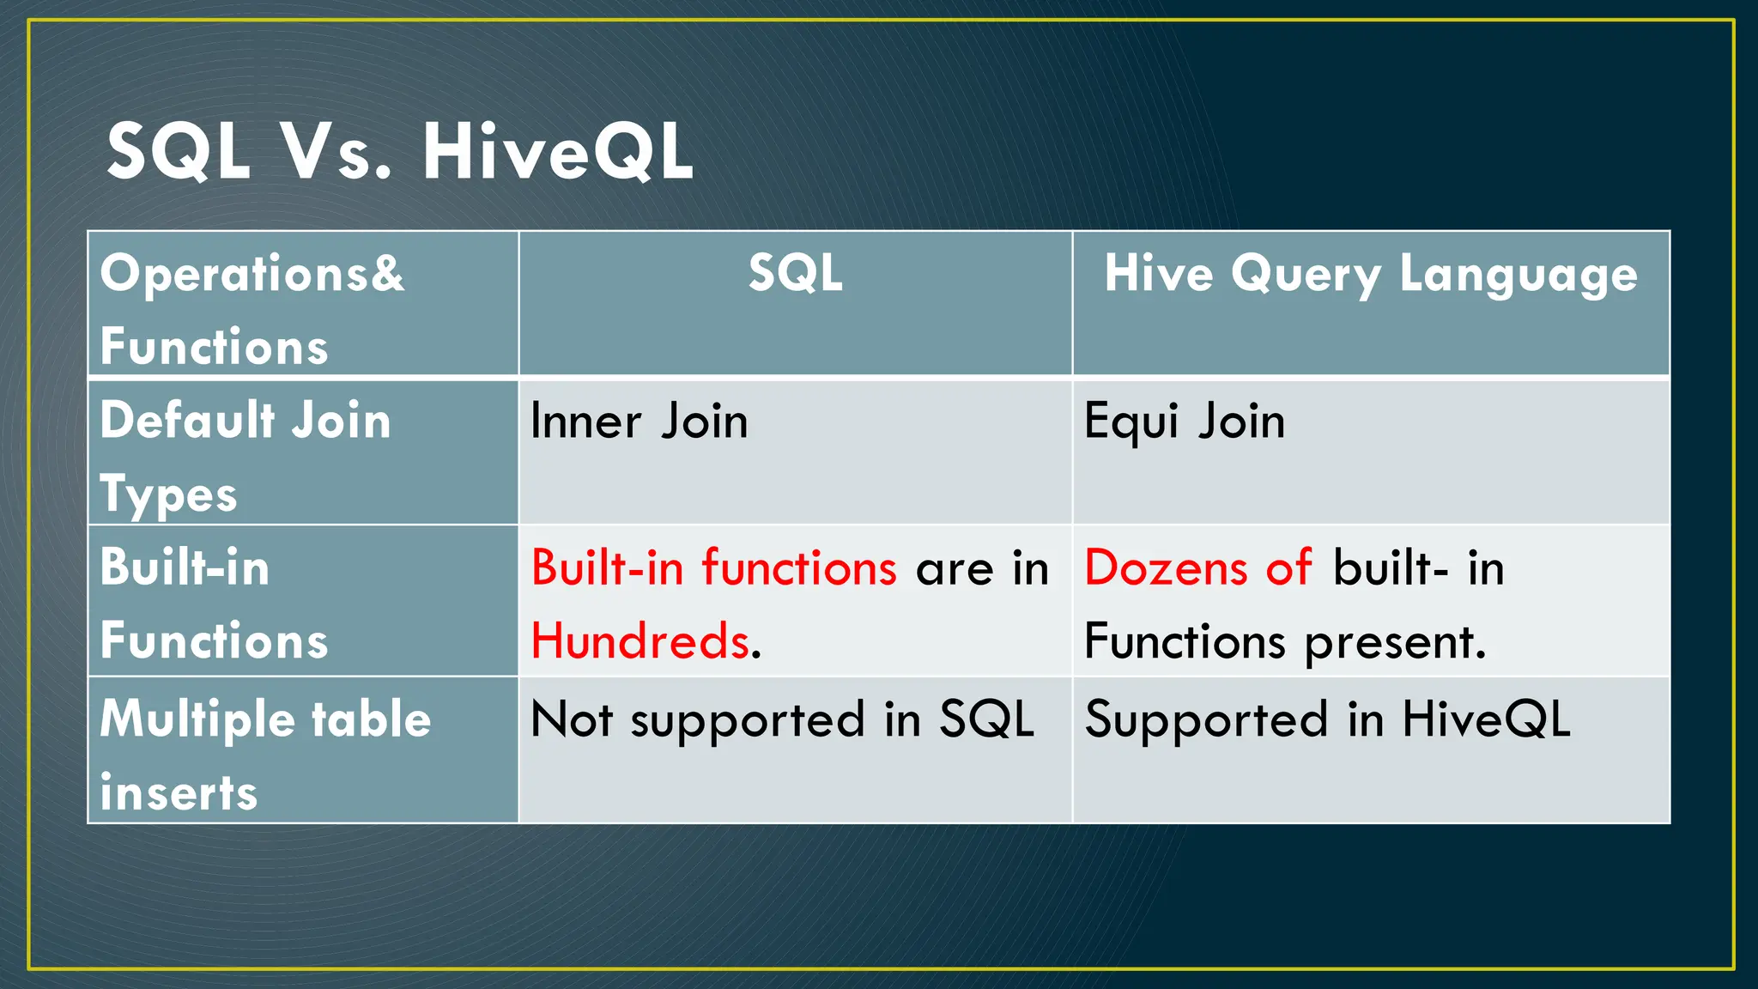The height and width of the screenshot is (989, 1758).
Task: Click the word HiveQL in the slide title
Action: tap(558, 152)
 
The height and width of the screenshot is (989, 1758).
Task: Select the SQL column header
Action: tap(795, 273)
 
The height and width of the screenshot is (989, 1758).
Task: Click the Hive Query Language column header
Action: tap(1371, 275)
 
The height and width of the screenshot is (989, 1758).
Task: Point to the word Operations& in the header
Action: tap(252, 273)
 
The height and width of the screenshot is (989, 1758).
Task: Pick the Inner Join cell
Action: tap(639, 422)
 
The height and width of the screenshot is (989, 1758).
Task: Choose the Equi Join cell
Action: tap(1185, 422)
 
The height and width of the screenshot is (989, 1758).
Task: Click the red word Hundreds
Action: tap(640, 641)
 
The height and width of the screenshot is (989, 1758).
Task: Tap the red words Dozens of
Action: tap(1198, 568)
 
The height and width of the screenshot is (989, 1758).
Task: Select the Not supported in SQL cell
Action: tap(781, 719)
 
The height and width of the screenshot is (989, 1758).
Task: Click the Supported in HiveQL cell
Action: tap(1327, 719)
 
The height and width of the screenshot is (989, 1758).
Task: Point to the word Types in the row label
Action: tap(168, 495)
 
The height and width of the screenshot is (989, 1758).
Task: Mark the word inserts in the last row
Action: tap(179, 792)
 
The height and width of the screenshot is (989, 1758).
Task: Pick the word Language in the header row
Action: tap(1519, 275)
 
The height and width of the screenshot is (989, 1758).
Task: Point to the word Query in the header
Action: tap(1306, 275)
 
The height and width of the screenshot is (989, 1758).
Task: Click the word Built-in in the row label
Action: tap(185, 568)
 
